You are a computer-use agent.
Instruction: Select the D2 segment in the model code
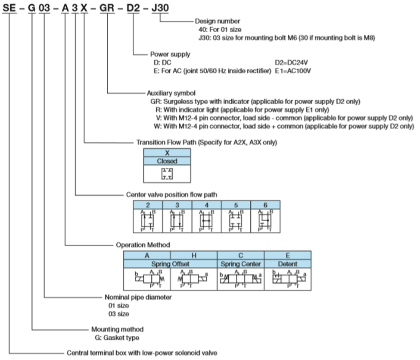(x=133, y=7)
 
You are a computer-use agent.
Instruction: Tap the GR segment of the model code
(x=106, y=7)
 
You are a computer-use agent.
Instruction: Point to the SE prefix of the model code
(x=9, y=7)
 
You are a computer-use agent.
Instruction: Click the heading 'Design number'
(x=218, y=21)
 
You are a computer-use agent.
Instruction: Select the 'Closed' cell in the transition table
(x=167, y=161)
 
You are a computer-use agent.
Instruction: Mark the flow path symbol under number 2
(x=148, y=220)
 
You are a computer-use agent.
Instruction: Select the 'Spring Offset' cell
(x=170, y=263)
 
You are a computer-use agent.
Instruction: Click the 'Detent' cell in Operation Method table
(x=287, y=263)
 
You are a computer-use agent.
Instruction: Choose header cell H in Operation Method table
(x=194, y=255)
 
